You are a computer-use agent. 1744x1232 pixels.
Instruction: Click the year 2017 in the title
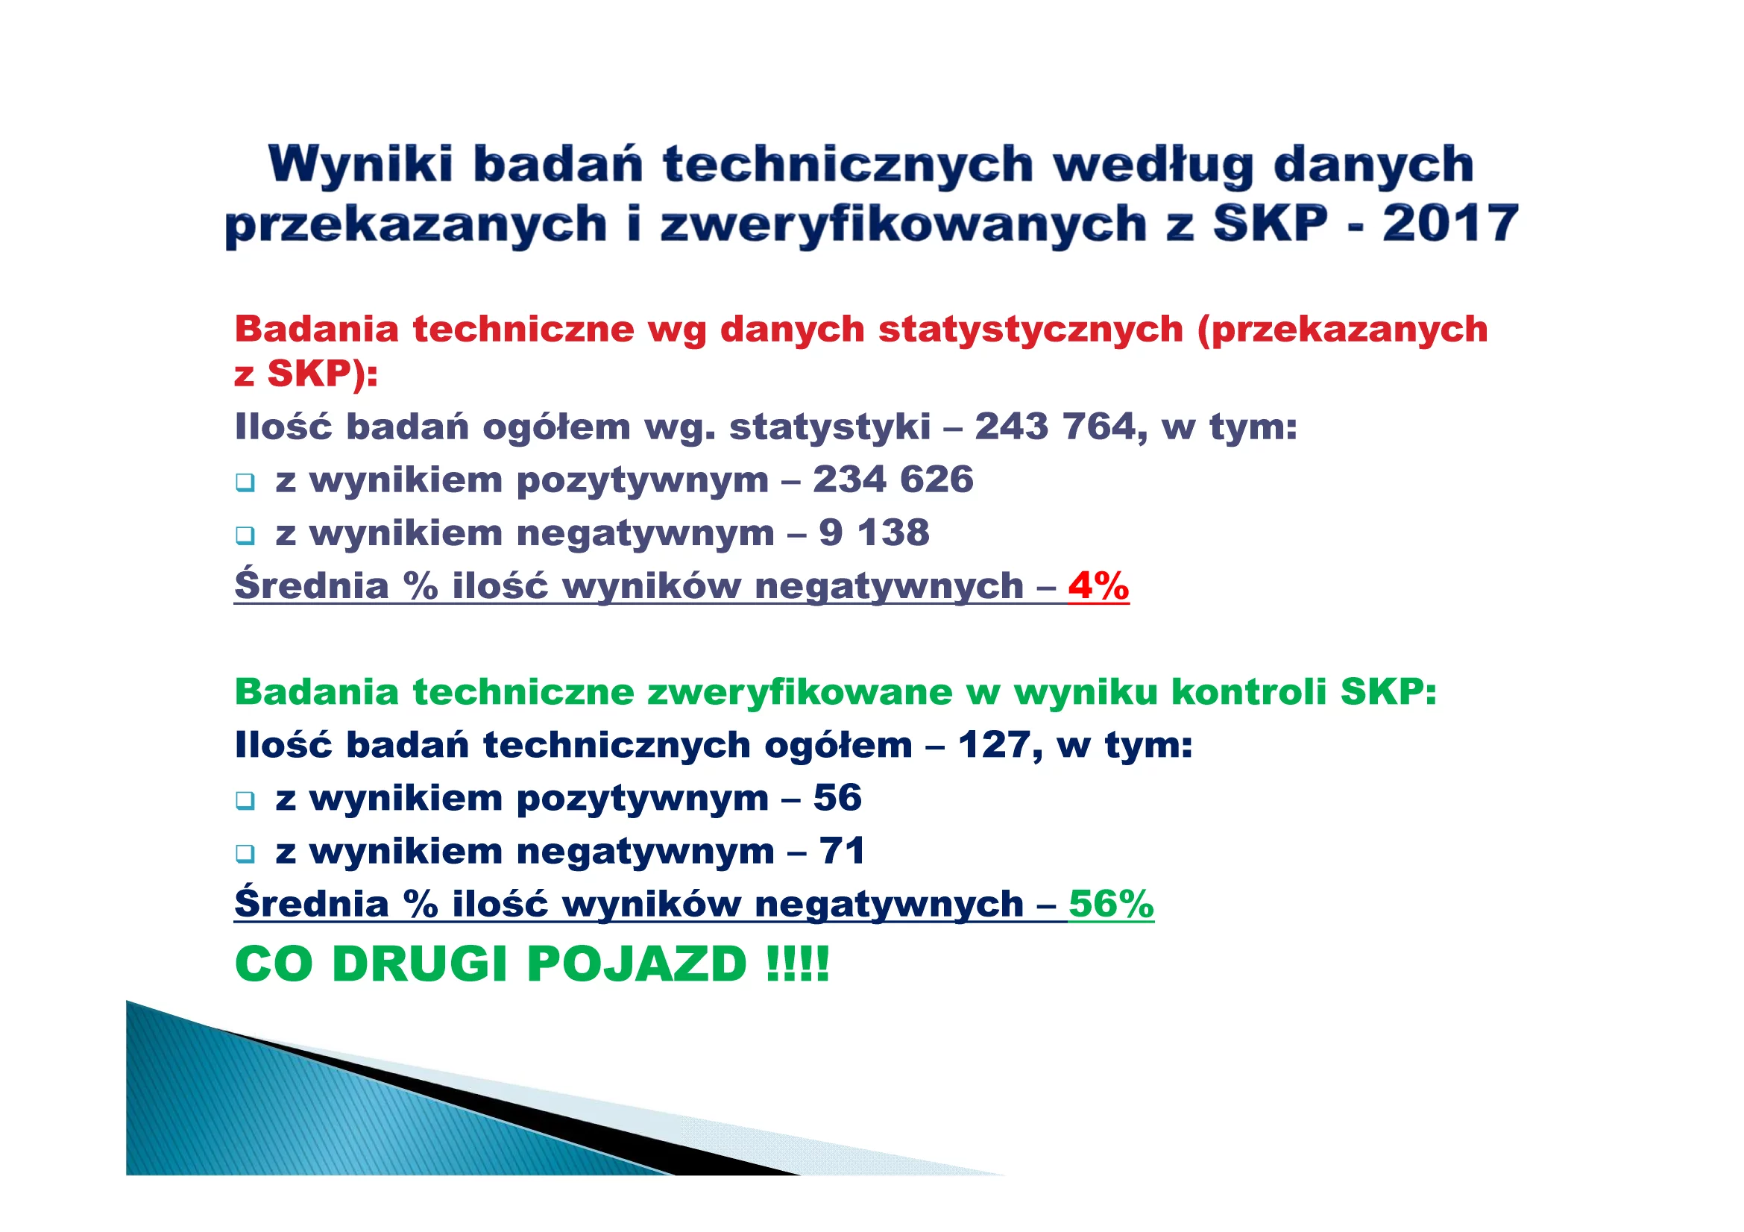click(1450, 224)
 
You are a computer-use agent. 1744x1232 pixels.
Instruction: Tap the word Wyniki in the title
click(361, 165)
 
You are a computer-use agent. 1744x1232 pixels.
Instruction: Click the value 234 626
click(893, 480)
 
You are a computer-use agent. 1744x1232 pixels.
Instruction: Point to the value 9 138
click(875, 532)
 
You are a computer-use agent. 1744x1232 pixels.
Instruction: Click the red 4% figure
click(1098, 585)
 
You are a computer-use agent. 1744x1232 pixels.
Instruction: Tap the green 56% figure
click(1111, 904)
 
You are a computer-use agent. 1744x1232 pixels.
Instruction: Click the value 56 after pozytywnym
click(838, 797)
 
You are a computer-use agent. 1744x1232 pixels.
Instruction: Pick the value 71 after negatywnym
click(842, 851)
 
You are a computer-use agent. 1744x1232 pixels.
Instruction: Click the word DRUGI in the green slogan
click(420, 964)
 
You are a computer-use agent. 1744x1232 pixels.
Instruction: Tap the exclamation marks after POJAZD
click(798, 964)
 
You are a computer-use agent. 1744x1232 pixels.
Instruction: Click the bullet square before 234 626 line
click(245, 483)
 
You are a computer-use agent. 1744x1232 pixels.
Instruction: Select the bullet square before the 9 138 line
click(245, 535)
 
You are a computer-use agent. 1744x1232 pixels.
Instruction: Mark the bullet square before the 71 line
click(245, 854)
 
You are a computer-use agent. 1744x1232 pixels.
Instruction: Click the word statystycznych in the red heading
click(1030, 330)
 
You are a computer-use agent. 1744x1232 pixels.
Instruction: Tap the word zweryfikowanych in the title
click(904, 225)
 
